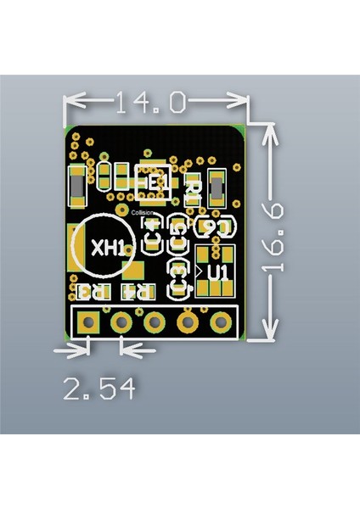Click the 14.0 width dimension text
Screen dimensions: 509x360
[x=151, y=103]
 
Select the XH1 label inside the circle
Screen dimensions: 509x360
[x=108, y=249]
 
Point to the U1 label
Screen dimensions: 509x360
[x=218, y=272]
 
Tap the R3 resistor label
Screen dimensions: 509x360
[x=92, y=292]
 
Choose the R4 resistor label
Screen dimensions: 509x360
[x=138, y=292]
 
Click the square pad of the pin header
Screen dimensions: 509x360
[x=87, y=322]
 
